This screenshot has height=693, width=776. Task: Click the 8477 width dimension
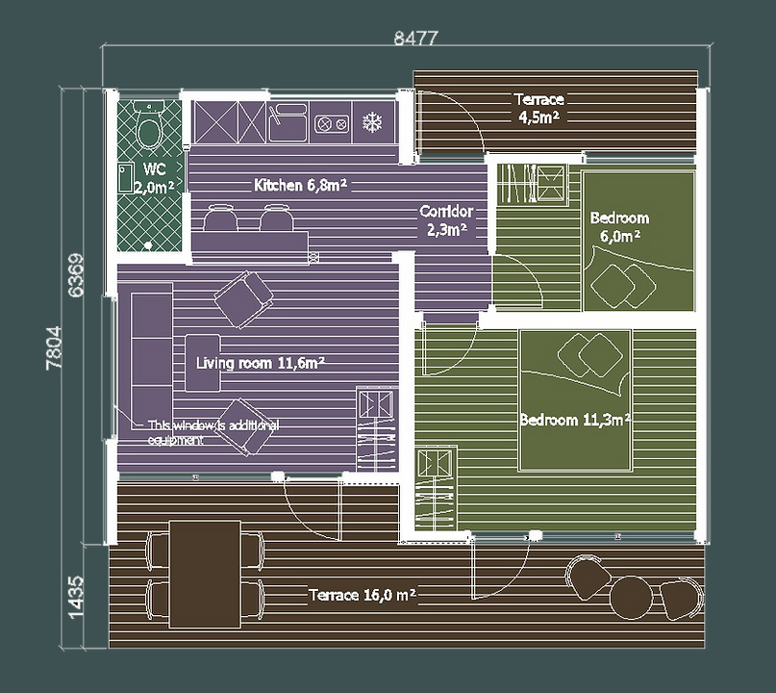(415, 38)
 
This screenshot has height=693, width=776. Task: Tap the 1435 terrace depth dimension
(76, 597)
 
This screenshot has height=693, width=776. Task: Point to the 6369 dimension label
(76, 275)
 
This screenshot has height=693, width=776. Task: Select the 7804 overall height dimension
(54, 347)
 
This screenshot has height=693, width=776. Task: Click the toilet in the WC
(149, 125)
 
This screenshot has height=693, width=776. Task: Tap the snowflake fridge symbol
(372, 122)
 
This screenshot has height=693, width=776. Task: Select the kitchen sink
(288, 122)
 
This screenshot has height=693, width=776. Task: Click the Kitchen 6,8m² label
(300, 185)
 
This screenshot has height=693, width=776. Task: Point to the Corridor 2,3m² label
(446, 220)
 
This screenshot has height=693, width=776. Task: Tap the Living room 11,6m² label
(261, 363)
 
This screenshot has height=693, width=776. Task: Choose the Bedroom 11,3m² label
(575, 420)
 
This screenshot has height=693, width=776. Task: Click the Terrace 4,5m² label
(538, 109)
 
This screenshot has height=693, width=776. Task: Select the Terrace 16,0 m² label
(363, 595)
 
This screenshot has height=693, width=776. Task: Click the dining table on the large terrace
(205, 574)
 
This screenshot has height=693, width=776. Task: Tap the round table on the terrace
(632, 598)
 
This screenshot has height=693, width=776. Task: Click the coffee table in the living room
(203, 363)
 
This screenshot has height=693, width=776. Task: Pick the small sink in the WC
(126, 178)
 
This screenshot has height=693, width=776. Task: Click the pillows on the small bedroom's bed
(623, 286)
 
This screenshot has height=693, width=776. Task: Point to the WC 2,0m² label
(154, 178)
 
